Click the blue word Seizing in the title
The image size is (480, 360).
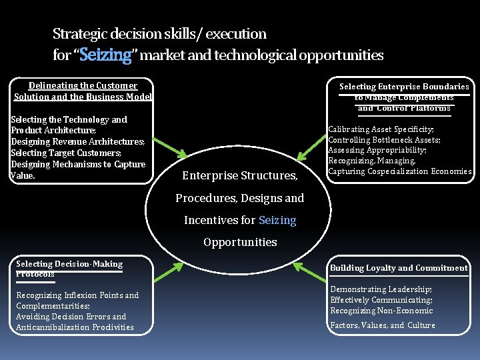tap(105, 55)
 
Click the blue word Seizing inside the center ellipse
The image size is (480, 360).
tap(277, 220)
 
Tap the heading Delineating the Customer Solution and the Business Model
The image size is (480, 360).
tap(83, 91)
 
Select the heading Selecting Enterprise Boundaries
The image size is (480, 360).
tap(404, 87)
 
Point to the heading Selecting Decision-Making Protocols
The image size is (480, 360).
tap(69, 269)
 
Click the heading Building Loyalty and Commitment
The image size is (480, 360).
tap(399, 268)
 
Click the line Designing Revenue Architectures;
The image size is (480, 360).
tap(77, 142)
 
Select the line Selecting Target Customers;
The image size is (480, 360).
tap(66, 153)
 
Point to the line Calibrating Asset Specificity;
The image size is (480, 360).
tap(381, 129)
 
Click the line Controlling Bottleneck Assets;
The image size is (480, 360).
tap(384, 140)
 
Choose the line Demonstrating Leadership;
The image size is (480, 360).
tap(381, 289)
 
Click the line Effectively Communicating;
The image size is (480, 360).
tap(381, 300)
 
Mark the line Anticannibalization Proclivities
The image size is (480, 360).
tap(75, 327)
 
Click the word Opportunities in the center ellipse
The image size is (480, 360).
tap(240, 242)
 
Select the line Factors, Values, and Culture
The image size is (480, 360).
tap(383, 325)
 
